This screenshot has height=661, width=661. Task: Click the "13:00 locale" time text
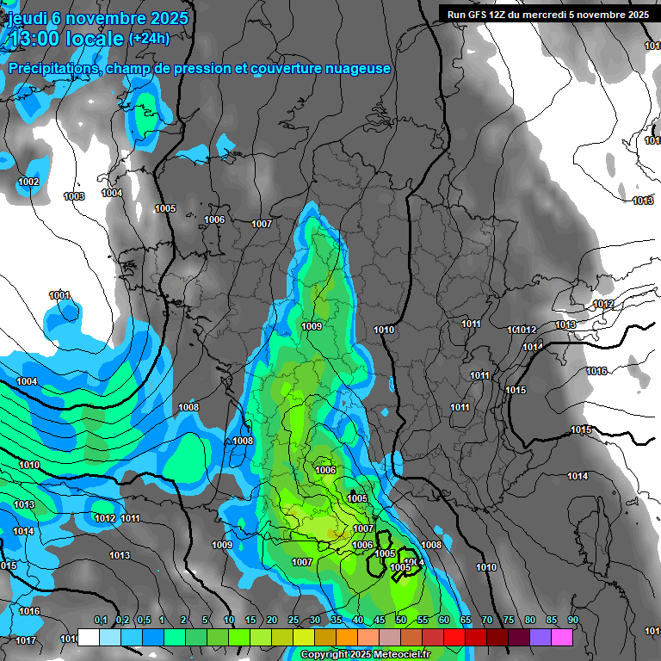[x=65, y=38]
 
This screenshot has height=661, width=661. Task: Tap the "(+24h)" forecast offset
[x=149, y=38]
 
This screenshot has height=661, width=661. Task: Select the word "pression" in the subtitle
[x=203, y=68]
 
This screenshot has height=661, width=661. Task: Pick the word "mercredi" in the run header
[x=560, y=14]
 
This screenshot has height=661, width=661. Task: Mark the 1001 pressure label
[x=59, y=295]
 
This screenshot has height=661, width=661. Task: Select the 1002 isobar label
[x=28, y=182]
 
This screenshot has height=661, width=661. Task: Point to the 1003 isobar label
[x=74, y=196]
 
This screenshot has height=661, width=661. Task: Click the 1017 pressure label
[x=26, y=640]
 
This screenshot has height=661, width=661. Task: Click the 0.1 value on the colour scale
[x=100, y=621]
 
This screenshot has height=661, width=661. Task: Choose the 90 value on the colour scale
[x=572, y=621]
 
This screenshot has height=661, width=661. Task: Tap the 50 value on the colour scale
[x=401, y=621]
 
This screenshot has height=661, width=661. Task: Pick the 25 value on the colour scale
[x=293, y=621]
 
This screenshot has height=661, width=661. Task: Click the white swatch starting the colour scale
[x=88, y=637]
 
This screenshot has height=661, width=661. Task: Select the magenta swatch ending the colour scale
[x=562, y=637]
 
